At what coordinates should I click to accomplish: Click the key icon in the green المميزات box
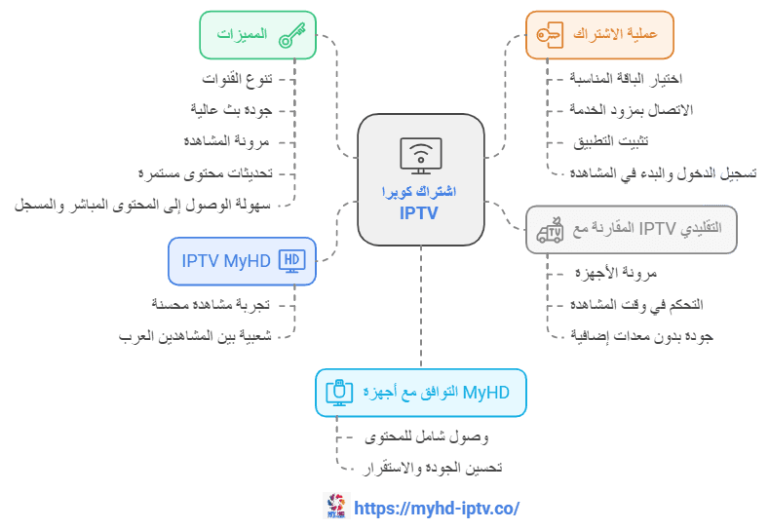(291, 35)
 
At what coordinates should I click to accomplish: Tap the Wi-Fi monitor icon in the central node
(421, 156)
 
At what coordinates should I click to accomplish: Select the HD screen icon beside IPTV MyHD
(291, 261)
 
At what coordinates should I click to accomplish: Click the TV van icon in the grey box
(550, 230)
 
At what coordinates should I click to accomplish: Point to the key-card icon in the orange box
(550, 35)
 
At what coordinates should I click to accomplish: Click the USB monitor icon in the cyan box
(339, 393)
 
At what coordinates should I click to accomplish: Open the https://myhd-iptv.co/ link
(437, 509)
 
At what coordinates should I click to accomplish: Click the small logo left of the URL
(336, 506)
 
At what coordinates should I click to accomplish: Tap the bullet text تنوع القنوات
(238, 79)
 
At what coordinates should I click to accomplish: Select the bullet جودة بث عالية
(231, 110)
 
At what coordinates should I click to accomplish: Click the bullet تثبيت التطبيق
(610, 141)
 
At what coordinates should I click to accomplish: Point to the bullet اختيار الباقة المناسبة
(626, 79)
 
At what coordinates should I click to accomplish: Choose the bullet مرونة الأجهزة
(616, 273)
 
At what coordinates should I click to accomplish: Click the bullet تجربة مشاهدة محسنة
(211, 304)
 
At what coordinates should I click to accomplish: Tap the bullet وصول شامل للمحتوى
(427, 436)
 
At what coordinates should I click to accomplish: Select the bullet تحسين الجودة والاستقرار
(433, 468)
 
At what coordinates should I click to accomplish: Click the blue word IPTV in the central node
(418, 213)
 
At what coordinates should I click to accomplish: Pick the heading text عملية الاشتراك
(615, 34)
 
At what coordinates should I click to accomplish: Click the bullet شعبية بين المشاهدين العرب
(195, 336)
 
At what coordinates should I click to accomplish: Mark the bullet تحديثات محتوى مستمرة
(206, 173)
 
